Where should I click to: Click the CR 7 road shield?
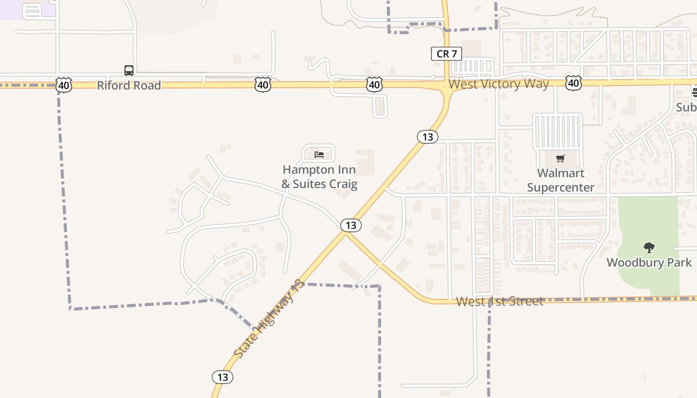[x=447, y=54]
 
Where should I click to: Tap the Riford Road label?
[x=129, y=86]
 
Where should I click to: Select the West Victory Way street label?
[x=498, y=84]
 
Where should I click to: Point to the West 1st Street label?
[x=499, y=301]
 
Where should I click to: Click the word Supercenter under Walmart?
[x=561, y=188]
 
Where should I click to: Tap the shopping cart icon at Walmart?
[x=561, y=159]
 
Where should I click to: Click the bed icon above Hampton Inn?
[x=319, y=155]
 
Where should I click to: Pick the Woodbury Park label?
[x=649, y=263]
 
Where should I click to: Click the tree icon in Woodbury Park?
[x=649, y=247]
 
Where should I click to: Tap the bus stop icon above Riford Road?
[x=128, y=71]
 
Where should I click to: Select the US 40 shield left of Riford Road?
[x=64, y=85]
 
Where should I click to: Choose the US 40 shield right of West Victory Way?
[x=574, y=83]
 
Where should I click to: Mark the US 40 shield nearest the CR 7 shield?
[x=374, y=85]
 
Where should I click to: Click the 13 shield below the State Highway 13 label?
[x=223, y=377]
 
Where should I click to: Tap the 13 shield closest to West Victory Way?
[x=428, y=136]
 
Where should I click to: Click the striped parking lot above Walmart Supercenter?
[x=558, y=131]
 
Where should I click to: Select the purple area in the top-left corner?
[x=25, y=9]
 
